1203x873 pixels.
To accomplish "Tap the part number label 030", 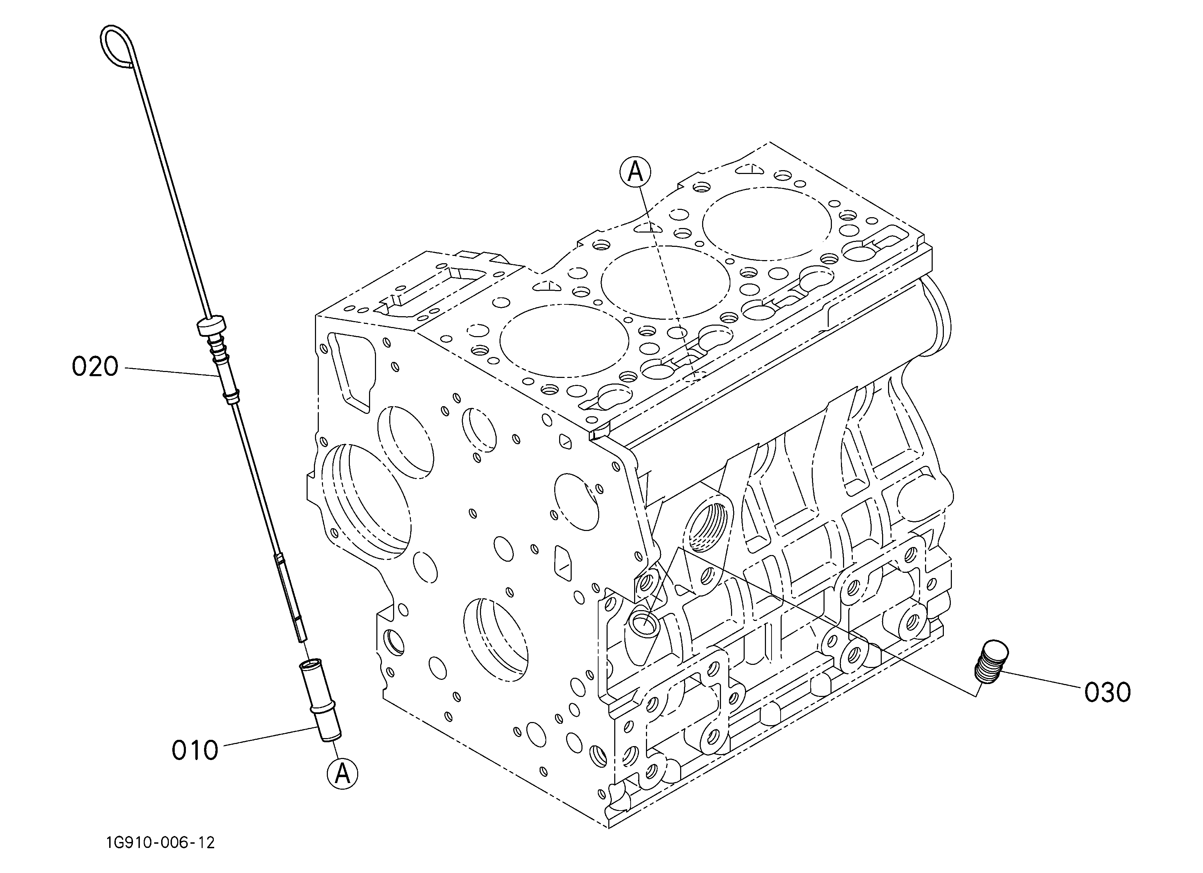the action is point(1107,693).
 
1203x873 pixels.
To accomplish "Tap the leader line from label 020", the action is point(171,372).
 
